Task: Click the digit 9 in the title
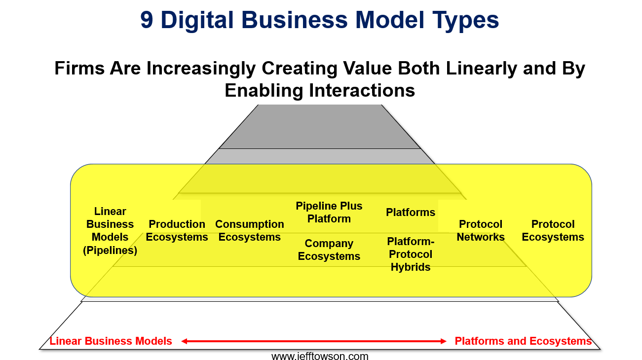click(147, 20)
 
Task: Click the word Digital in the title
click(197, 21)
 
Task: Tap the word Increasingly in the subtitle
click(201, 69)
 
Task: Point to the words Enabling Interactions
click(320, 91)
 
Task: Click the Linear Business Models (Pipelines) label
click(110, 231)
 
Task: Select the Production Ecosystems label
click(177, 231)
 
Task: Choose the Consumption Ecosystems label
click(249, 231)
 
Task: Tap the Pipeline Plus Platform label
click(329, 212)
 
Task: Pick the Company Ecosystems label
click(329, 250)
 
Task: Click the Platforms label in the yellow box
click(411, 212)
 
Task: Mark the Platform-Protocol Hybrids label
click(411, 254)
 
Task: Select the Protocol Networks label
click(481, 231)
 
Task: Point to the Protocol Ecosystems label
click(553, 231)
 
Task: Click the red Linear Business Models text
click(111, 341)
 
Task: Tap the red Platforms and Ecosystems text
click(523, 341)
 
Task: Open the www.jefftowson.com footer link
click(320, 356)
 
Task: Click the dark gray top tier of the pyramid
click(320, 127)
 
